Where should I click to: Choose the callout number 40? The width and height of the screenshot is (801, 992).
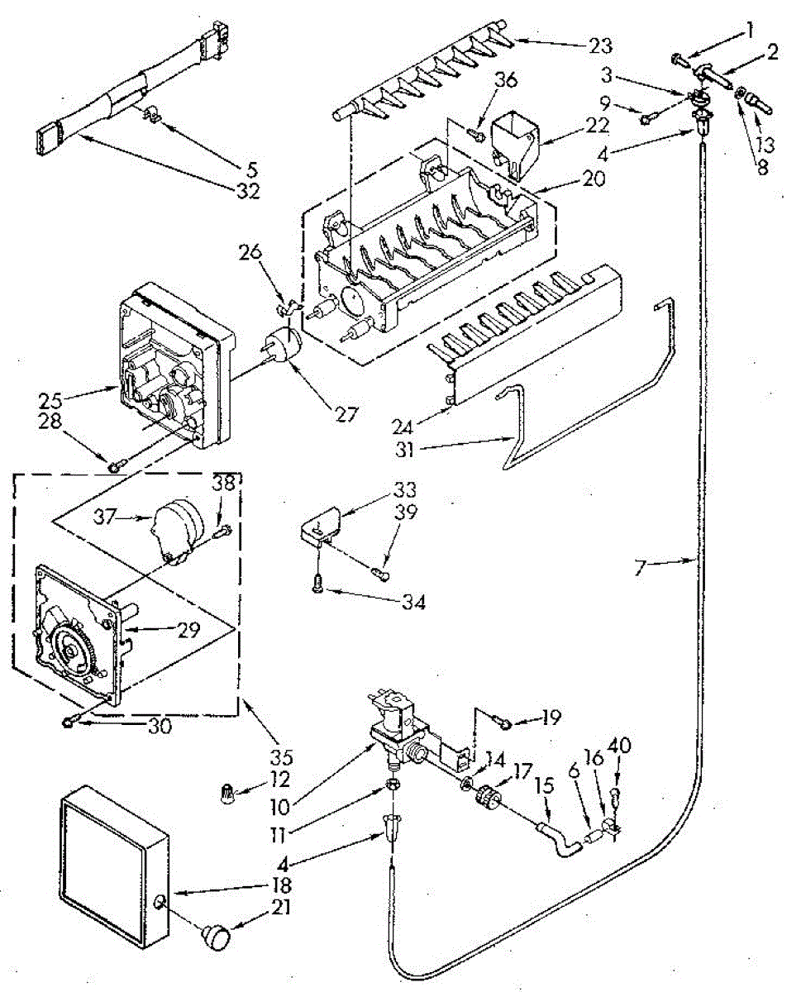[619, 746]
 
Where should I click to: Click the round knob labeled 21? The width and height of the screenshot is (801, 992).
[217, 936]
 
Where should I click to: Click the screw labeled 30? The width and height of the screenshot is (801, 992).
[69, 724]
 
